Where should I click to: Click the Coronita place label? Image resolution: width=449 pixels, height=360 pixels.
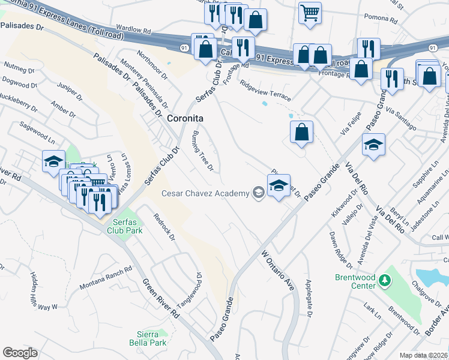point(185,119)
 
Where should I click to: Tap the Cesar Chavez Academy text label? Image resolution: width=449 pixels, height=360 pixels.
point(205,193)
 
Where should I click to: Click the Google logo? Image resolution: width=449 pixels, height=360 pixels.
point(20,352)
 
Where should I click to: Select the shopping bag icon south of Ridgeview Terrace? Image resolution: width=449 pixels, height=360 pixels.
point(302,133)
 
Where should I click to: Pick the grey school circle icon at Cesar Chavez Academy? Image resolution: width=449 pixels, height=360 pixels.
point(258,193)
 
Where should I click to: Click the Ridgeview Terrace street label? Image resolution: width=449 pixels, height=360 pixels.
point(265,91)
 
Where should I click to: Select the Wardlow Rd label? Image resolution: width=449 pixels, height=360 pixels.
point(133,29)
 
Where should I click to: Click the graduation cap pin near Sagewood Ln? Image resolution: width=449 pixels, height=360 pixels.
point(53,162)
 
